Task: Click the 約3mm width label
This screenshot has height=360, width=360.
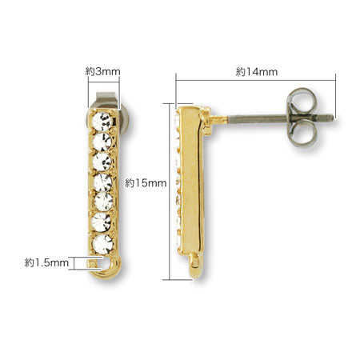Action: (x=103, y=71)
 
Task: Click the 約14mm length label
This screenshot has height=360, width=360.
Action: (x=257, y=72)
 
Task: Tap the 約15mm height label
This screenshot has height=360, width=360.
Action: (x=146, y=183)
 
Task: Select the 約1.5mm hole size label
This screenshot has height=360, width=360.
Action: (x=46, y=263)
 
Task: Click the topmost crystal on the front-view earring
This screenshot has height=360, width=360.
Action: (x=102, y=122)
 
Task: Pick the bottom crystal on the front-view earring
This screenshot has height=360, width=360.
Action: (x=102, y=244)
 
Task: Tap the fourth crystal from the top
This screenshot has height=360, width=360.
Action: (x=102, y=182)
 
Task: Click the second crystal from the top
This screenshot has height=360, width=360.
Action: (x=102, y=142)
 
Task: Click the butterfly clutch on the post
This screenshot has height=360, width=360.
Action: (x=302, y=118)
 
